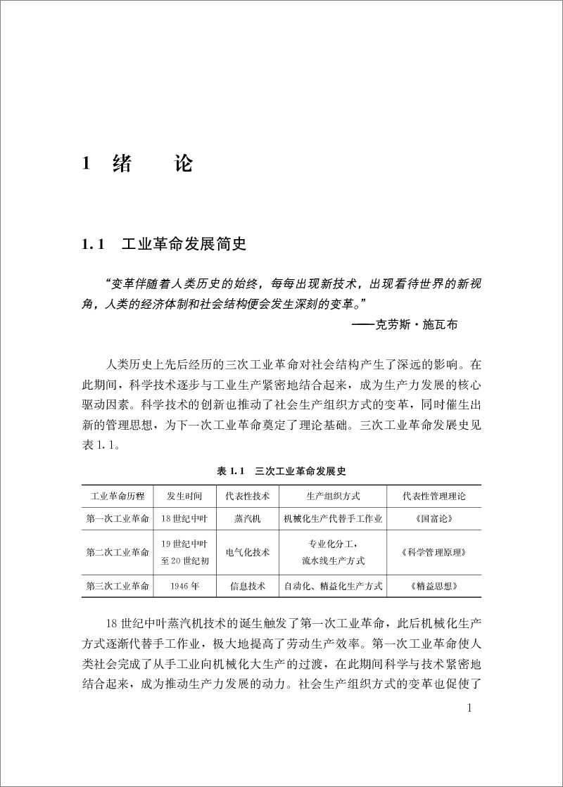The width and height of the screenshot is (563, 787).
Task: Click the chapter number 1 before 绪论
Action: point(86,165)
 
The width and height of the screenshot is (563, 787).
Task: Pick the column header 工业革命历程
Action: point(118,496)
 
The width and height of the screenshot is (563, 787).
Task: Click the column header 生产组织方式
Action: point(334,496)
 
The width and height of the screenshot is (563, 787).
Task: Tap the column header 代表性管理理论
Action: point(434,496)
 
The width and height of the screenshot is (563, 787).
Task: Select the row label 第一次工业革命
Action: point(118,519)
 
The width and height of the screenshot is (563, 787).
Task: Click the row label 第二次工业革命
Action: point(118,552)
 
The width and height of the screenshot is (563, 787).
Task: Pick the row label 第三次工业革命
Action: point(118,585)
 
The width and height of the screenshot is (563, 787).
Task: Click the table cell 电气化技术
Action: point(247,552)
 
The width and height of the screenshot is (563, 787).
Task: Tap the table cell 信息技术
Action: point(247,585)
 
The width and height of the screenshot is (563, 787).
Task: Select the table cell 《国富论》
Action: point(434,519)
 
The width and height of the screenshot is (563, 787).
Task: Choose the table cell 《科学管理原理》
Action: point(434,552)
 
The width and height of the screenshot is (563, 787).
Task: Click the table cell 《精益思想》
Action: point(434,585)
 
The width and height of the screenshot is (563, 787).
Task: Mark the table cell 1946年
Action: point(184,585)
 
